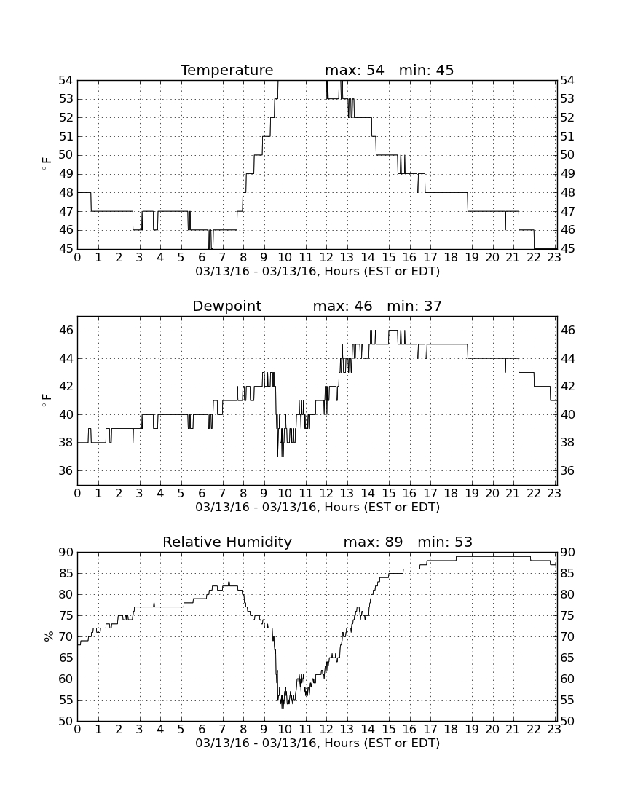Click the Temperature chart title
tap(226, 70)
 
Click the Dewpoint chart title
tap(226, 306)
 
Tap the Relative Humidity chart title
tap(226, 542)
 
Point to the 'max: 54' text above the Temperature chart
tap(355, 70)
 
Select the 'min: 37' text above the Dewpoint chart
tap(414, 306)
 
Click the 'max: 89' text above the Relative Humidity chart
tap(373, 542)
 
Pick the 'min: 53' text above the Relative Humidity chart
tap(445, 542)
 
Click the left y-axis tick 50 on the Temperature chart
tap(66, 155)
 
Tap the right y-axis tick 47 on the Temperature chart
tap(567, 211)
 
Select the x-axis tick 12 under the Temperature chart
tap(326, 257)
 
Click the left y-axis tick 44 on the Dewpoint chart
tap(66, 358)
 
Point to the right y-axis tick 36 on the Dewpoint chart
tap(567, 470)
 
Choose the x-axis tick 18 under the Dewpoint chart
tap(451, 493)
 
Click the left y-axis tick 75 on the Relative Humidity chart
tap(66, 615)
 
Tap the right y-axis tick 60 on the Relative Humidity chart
tap(567, 679)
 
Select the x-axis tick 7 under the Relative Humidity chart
tap(223, 729)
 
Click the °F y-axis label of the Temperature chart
tap(47, 164)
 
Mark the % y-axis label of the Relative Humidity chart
tap(49, 636)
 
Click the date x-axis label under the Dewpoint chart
tap(318, 508)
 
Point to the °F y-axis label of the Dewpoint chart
tap(47, 400)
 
